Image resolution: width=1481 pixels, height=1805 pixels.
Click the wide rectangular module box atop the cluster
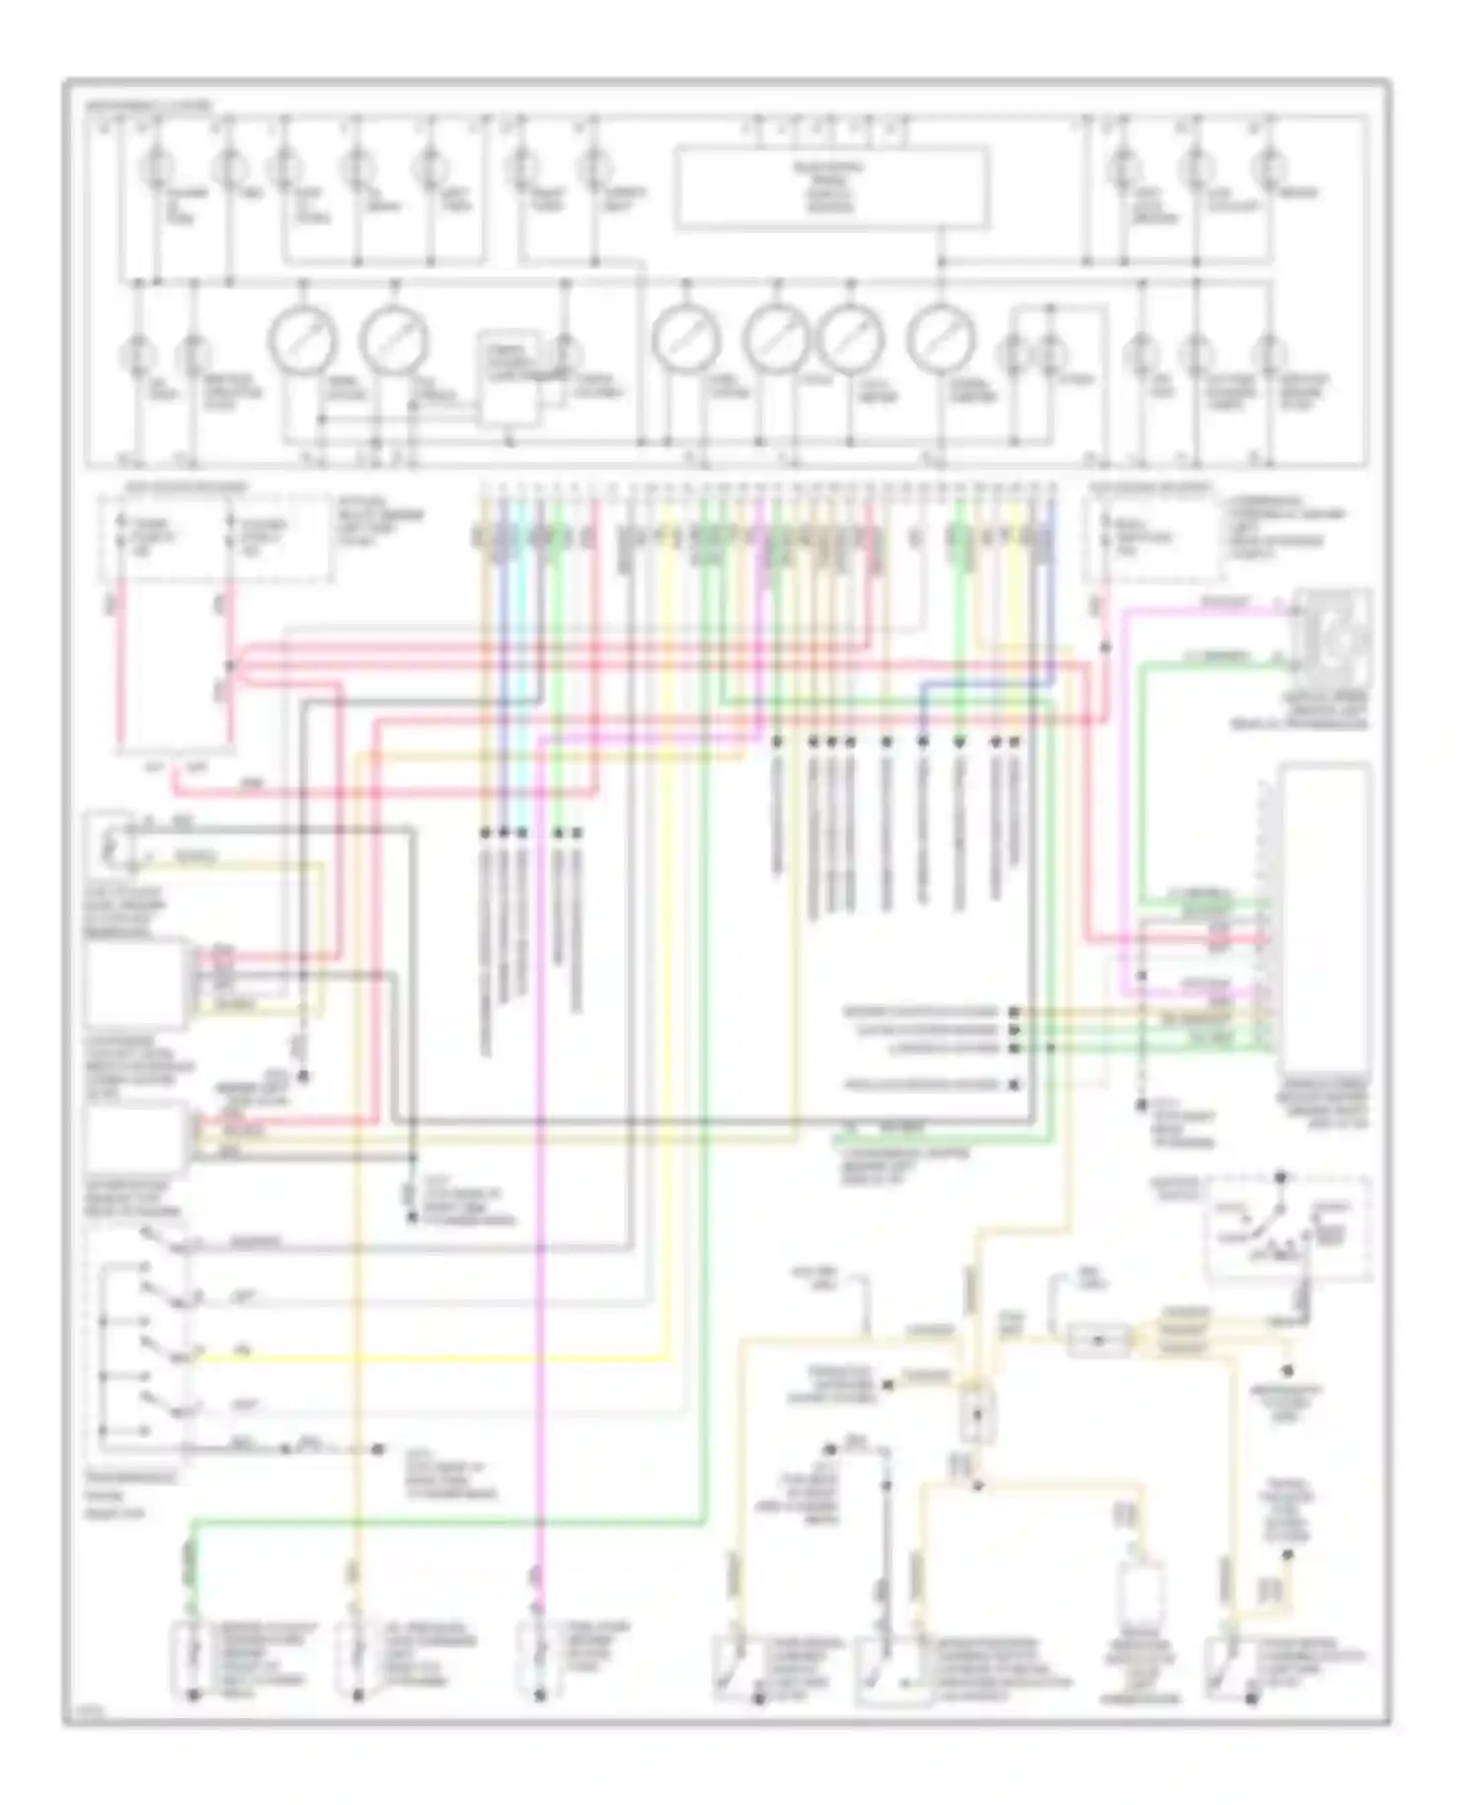[831, 188]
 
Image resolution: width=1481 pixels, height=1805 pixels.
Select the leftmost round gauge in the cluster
[302, 339]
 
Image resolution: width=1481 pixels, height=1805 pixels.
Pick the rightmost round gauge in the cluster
[941, 339]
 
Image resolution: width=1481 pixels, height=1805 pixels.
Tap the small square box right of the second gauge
[509, 379]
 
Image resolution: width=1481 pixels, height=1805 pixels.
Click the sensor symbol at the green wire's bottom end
[194, 1659]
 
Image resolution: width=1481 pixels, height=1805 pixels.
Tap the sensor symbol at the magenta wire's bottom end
[539, 1659]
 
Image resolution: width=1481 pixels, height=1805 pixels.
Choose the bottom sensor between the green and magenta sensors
[357, 1659]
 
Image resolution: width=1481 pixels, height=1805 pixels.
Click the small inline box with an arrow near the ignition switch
[1099, 1340]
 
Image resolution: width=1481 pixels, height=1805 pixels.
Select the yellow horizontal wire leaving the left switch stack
[425, 1359]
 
